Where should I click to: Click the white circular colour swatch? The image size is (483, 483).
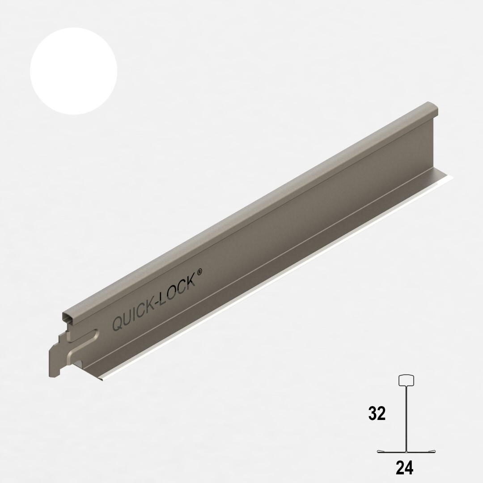click(x=73, y=71)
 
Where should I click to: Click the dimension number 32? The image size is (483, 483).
click(x=377, y=414)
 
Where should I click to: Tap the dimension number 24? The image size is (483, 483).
click(x=404, y=468)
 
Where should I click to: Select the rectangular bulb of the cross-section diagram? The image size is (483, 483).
click(x=406, y=380)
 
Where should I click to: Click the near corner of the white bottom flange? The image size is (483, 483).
click(x=101, y=381)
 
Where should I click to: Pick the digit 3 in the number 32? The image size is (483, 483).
click(x=373, y=414)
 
